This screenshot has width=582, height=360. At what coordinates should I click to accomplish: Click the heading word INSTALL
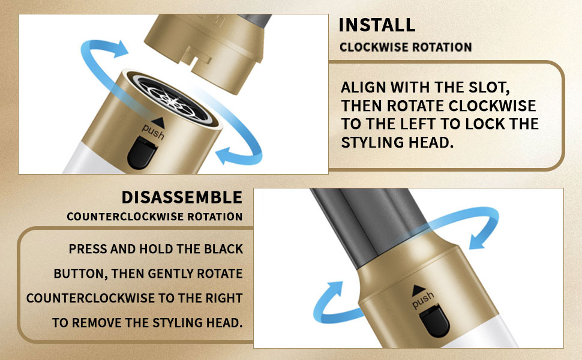[377, 25]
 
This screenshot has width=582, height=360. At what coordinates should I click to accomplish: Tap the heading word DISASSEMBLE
[182, 197]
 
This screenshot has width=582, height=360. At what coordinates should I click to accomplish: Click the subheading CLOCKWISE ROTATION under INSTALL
[406, 47]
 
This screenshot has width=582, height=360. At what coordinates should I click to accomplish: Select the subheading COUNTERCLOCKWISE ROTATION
[155, 216]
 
